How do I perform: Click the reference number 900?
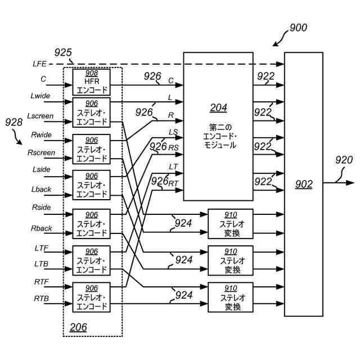point(298,27)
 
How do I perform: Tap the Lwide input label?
point(40,96)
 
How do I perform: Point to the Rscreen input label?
point(41,153)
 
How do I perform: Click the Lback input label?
point(41,191)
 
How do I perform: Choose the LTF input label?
point(41,248)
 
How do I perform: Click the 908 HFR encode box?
point(92,82)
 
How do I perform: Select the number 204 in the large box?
point(219,107)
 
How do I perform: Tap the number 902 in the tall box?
point(304,184)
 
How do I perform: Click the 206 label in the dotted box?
point(79,327)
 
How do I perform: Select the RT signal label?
point(174,183)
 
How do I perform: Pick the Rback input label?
point(41,228)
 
